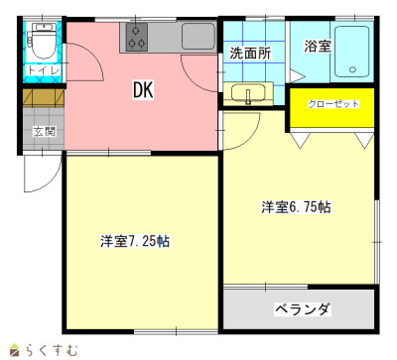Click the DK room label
click(143, 90)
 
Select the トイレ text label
click(44, 70)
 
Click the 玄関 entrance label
click(44, 132)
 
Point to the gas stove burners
click(136, 37)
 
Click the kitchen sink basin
click(198, 36)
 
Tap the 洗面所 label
click(250, 53)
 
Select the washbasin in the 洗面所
click(248, 93)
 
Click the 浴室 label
click(318, 46)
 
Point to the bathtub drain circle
click(352, 69)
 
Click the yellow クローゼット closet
click(332, 107)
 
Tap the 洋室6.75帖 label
click(296, 207)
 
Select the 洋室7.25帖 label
click(135, 241)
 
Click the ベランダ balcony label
click(303, 309)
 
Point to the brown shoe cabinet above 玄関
click(43, 97)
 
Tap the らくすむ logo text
click(52, 350)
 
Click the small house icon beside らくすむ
click(15, 350)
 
